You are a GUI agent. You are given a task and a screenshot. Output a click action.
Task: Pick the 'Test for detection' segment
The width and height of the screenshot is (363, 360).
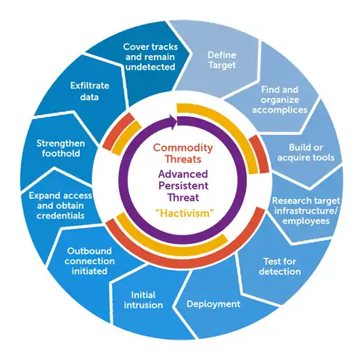[x=280, y=265]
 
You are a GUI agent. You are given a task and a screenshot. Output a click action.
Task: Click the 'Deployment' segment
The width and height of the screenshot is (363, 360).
[x=213, y=303]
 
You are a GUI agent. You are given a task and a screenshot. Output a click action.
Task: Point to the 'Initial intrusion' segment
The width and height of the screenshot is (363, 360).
[x=147, y=300]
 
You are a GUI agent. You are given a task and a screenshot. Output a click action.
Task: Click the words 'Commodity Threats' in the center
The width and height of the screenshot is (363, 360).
[x=182, y=155]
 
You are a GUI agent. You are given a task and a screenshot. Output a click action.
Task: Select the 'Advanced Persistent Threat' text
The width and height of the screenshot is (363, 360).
[x=182, y=186]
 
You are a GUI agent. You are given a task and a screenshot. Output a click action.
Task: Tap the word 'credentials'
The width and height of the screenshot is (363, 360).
[x=62, y=216]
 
